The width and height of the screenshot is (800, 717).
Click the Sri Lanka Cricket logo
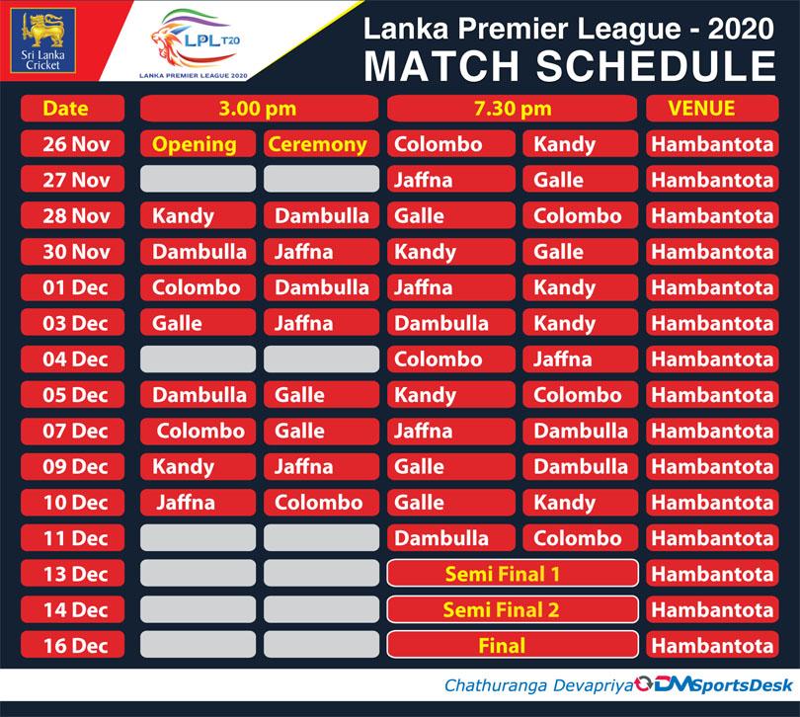click(42, 40)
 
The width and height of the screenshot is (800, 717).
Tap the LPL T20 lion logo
click(195, 43)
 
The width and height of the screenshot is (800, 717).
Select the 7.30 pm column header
click(513, 109)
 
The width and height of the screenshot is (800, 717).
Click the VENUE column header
click(712, 109)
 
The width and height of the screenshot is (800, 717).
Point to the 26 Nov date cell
click(72, 144)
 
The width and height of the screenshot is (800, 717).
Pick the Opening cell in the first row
click(198, 144)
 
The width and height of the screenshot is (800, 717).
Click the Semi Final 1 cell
click(513, 574)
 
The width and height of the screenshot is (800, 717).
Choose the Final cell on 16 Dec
click(513, 645)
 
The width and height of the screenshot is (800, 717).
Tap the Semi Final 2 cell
click(513, 609)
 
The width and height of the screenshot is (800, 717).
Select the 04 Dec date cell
click(72, 358)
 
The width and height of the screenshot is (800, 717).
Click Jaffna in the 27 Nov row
click(451, 180)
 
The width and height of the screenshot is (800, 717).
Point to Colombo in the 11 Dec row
click(581, 538)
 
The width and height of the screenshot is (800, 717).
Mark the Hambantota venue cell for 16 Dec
click(712, 645)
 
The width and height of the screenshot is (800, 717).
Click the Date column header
click(72, 109)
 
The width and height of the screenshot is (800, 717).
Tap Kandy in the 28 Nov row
click(198, 215)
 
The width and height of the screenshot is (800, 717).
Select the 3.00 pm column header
click(259, 109)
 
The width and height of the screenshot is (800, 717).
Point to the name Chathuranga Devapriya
click(539, 685)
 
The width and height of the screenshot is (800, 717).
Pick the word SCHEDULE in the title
click(656, 66)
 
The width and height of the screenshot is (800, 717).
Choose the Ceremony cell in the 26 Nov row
click(321, 144)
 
